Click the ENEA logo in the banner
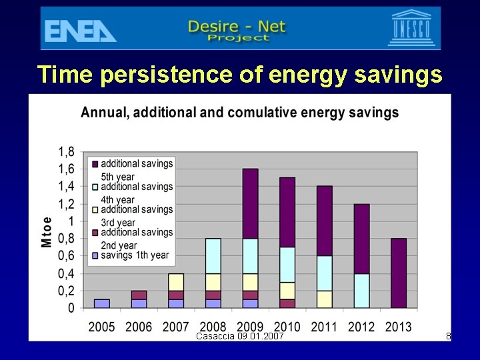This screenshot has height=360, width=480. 81,30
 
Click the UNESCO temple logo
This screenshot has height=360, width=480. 411,28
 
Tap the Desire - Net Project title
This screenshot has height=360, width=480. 237,30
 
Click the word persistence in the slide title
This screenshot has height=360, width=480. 180,74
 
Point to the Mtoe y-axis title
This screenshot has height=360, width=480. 47,231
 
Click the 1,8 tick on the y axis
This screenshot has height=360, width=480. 65,151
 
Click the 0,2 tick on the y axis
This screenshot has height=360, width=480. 65,291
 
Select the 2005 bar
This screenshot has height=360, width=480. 101,303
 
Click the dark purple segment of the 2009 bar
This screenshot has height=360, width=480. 250,203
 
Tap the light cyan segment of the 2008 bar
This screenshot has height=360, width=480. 213,255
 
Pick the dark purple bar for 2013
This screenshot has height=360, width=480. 399,273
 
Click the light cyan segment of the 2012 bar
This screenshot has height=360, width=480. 361,291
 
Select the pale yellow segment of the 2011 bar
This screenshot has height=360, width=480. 325,299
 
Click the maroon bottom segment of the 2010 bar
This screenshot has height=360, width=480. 287,303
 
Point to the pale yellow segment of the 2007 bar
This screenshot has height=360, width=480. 176,281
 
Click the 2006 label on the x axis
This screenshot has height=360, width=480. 139,327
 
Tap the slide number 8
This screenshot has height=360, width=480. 449,337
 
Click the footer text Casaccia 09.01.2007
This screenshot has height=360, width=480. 240,336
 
